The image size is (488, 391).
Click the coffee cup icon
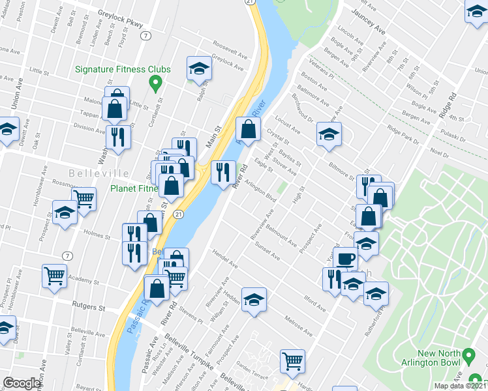pos(345,258)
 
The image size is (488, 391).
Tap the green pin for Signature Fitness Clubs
pos(155,83)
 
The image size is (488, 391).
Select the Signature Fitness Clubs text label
pos(123,69)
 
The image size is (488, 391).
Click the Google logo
pos(22,383)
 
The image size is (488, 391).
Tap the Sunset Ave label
pos(267,252)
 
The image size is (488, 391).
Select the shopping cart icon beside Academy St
pos(53,275)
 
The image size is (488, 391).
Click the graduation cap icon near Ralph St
pos(198,68)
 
